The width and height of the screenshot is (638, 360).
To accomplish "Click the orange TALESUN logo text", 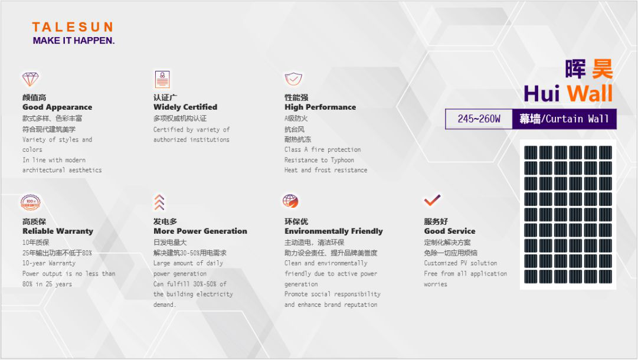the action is (x=73, y=27).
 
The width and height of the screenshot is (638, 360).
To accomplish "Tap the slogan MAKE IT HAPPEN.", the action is (x=74, y=41).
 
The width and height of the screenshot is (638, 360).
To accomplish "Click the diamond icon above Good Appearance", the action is (x=30, y=79).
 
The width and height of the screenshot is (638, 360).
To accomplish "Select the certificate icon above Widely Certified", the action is (x=162, y=79).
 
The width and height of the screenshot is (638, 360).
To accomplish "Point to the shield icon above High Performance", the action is (x=293, y=79).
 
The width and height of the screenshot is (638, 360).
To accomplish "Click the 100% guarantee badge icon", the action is (x=31, y=202).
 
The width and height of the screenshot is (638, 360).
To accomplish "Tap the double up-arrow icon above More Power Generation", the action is (x=159, y=202).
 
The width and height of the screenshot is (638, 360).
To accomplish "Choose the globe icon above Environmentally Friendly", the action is (x=290, y=201).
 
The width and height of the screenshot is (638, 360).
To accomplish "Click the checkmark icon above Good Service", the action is (x=432, y=199).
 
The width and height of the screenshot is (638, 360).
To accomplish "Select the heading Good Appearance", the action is (x=57, y=107).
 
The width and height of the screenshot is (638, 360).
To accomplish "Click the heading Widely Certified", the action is (x=185, y=107).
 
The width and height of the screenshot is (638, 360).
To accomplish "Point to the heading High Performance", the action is (x=320, y=107).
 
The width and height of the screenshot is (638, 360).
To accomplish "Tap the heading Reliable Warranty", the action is (x=58, y=231).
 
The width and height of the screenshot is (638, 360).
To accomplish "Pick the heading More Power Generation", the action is (x=200, y=231).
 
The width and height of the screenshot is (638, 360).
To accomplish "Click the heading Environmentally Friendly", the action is (x=333, y=231).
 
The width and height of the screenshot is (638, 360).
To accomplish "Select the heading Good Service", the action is (x=450, y=231).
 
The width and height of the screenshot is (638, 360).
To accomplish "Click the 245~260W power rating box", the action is (x=479, y=119).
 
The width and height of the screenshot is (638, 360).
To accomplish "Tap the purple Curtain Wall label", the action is (x=564, y=119).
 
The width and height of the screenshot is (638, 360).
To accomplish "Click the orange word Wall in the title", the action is (x=590, y=94).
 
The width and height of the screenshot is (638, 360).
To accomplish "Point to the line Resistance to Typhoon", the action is (x=319, y=160).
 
